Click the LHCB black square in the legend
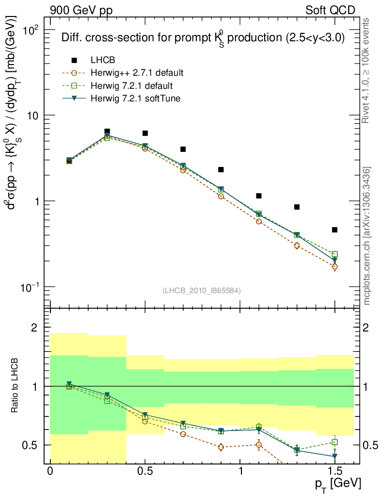point(74,60)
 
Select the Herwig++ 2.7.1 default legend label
point(137,73)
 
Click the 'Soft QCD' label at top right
point(330,10)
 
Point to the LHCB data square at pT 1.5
point(334,230)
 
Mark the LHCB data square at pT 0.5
point(145,133)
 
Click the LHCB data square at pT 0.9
point(221,169)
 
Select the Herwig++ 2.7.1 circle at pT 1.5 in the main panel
point(334,266)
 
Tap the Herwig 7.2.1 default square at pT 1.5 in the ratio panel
point(334,442)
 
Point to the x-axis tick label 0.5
point(145,471)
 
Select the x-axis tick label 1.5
point(334,471)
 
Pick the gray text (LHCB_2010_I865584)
point(202,290)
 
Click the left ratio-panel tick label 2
point(34,328)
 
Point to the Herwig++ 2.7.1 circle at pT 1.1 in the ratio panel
point(259,445)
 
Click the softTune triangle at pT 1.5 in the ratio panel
point(334,456)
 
